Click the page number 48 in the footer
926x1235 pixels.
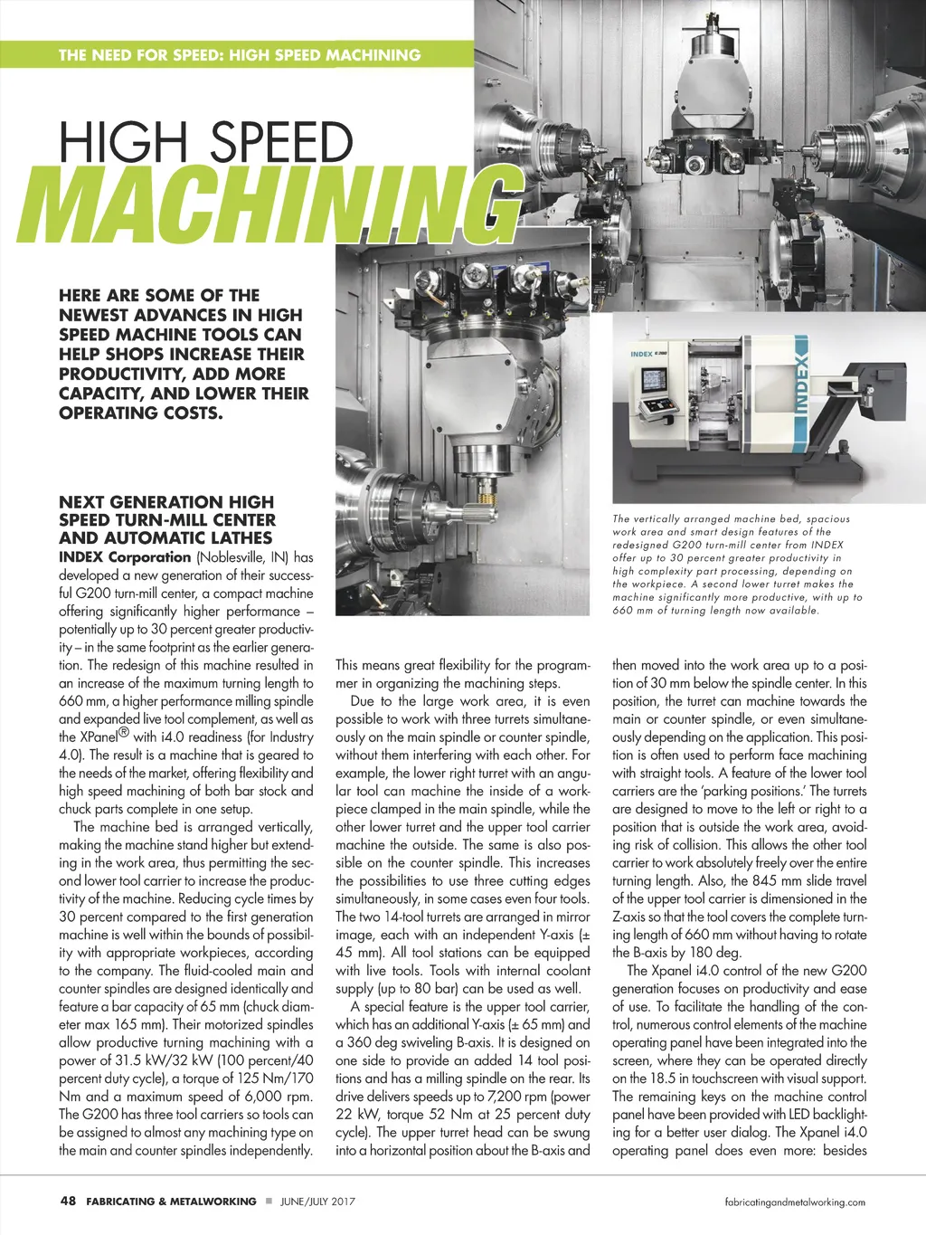click(67, 1202)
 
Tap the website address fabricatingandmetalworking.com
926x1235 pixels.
click(796, 1202)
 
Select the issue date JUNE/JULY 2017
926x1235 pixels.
click(317, 1202)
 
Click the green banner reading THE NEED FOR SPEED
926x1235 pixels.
click(239, 54)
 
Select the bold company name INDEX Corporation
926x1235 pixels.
click(125, 557)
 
